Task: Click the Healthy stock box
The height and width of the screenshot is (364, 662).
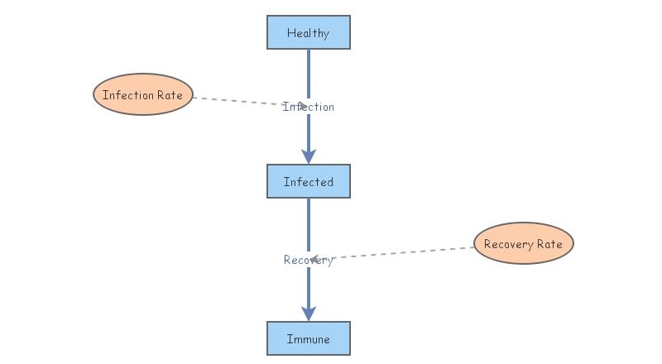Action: (x=308, y=33)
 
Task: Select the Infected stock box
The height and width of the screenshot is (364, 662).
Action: (x=308, y=182)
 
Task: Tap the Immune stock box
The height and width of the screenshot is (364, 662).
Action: (x=308, y=339)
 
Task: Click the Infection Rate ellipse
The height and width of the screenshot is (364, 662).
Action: (x=143, y=95)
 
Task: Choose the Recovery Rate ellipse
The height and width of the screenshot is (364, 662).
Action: (x=523, y=244)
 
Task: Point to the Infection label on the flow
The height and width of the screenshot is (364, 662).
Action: (x=309, y=107)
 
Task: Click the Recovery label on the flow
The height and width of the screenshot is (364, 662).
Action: (x=309, y=260)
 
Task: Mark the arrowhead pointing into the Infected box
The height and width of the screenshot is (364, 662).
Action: (x=309, y=156)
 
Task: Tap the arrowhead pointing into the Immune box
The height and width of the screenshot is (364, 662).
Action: (x=309, y=313)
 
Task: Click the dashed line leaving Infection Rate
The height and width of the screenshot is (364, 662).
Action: (x=236, y=100)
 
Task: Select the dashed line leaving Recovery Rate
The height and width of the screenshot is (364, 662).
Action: (x=405, y=252)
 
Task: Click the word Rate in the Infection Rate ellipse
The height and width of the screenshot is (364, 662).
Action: (x=170, y=95)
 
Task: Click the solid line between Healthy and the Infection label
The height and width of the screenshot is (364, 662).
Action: (x=309, y=74)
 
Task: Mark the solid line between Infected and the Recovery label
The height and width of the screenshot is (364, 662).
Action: (x=309, y=223)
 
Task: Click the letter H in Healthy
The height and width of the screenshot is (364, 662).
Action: (x=290, y=33)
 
